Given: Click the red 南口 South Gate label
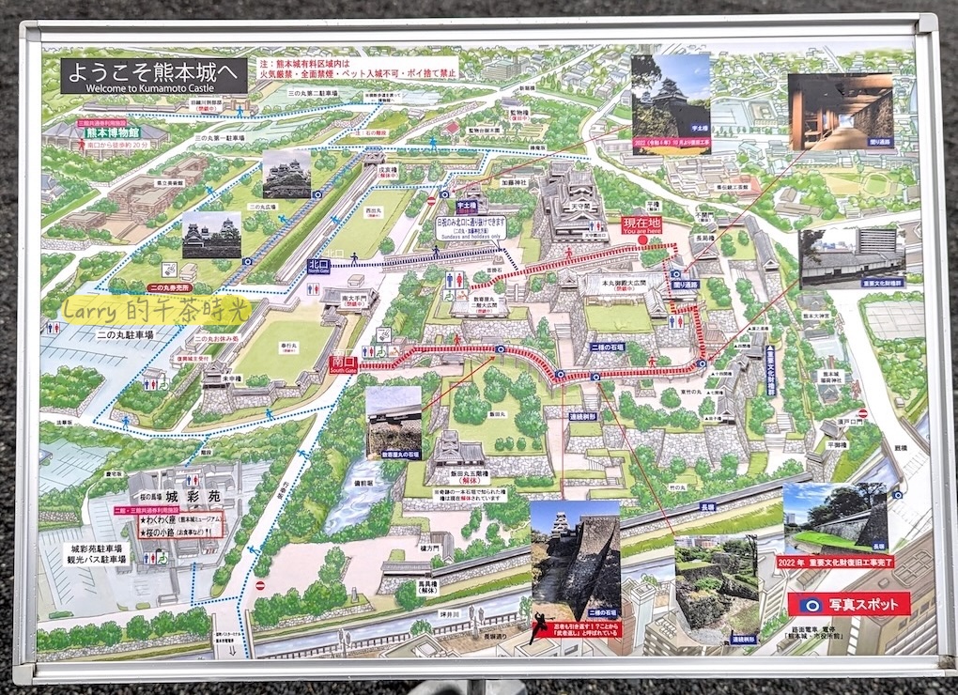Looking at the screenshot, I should [344, 361].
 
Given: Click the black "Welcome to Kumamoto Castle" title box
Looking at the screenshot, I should [154, 76].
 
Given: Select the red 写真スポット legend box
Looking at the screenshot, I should [849, 603].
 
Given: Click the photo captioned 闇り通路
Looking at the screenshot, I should [840, 112].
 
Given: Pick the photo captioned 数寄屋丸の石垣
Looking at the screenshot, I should [394, 422].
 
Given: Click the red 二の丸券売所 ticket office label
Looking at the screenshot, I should [170, 287].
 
